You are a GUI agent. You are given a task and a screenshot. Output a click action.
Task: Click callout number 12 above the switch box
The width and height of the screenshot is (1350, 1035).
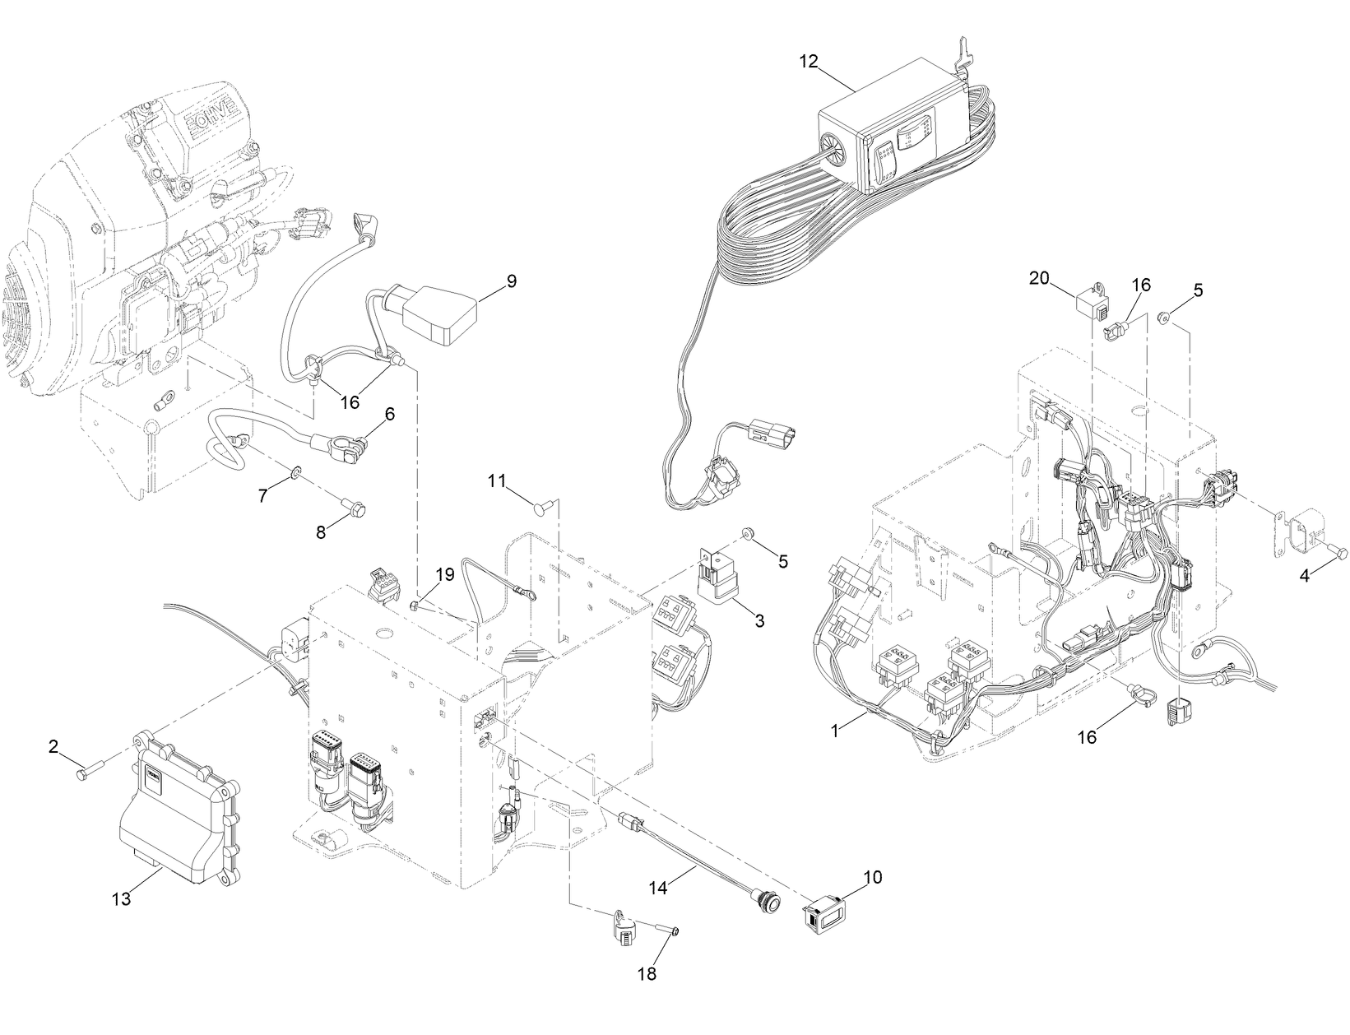pos(809,61)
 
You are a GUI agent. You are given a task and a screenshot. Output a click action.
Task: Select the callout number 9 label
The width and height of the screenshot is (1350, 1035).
pos(511,281)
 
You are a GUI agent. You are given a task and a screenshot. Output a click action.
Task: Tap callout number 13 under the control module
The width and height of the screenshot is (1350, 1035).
pos(121,899)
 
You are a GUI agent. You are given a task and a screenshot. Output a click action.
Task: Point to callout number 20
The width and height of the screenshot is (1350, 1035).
pos(1039,279)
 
